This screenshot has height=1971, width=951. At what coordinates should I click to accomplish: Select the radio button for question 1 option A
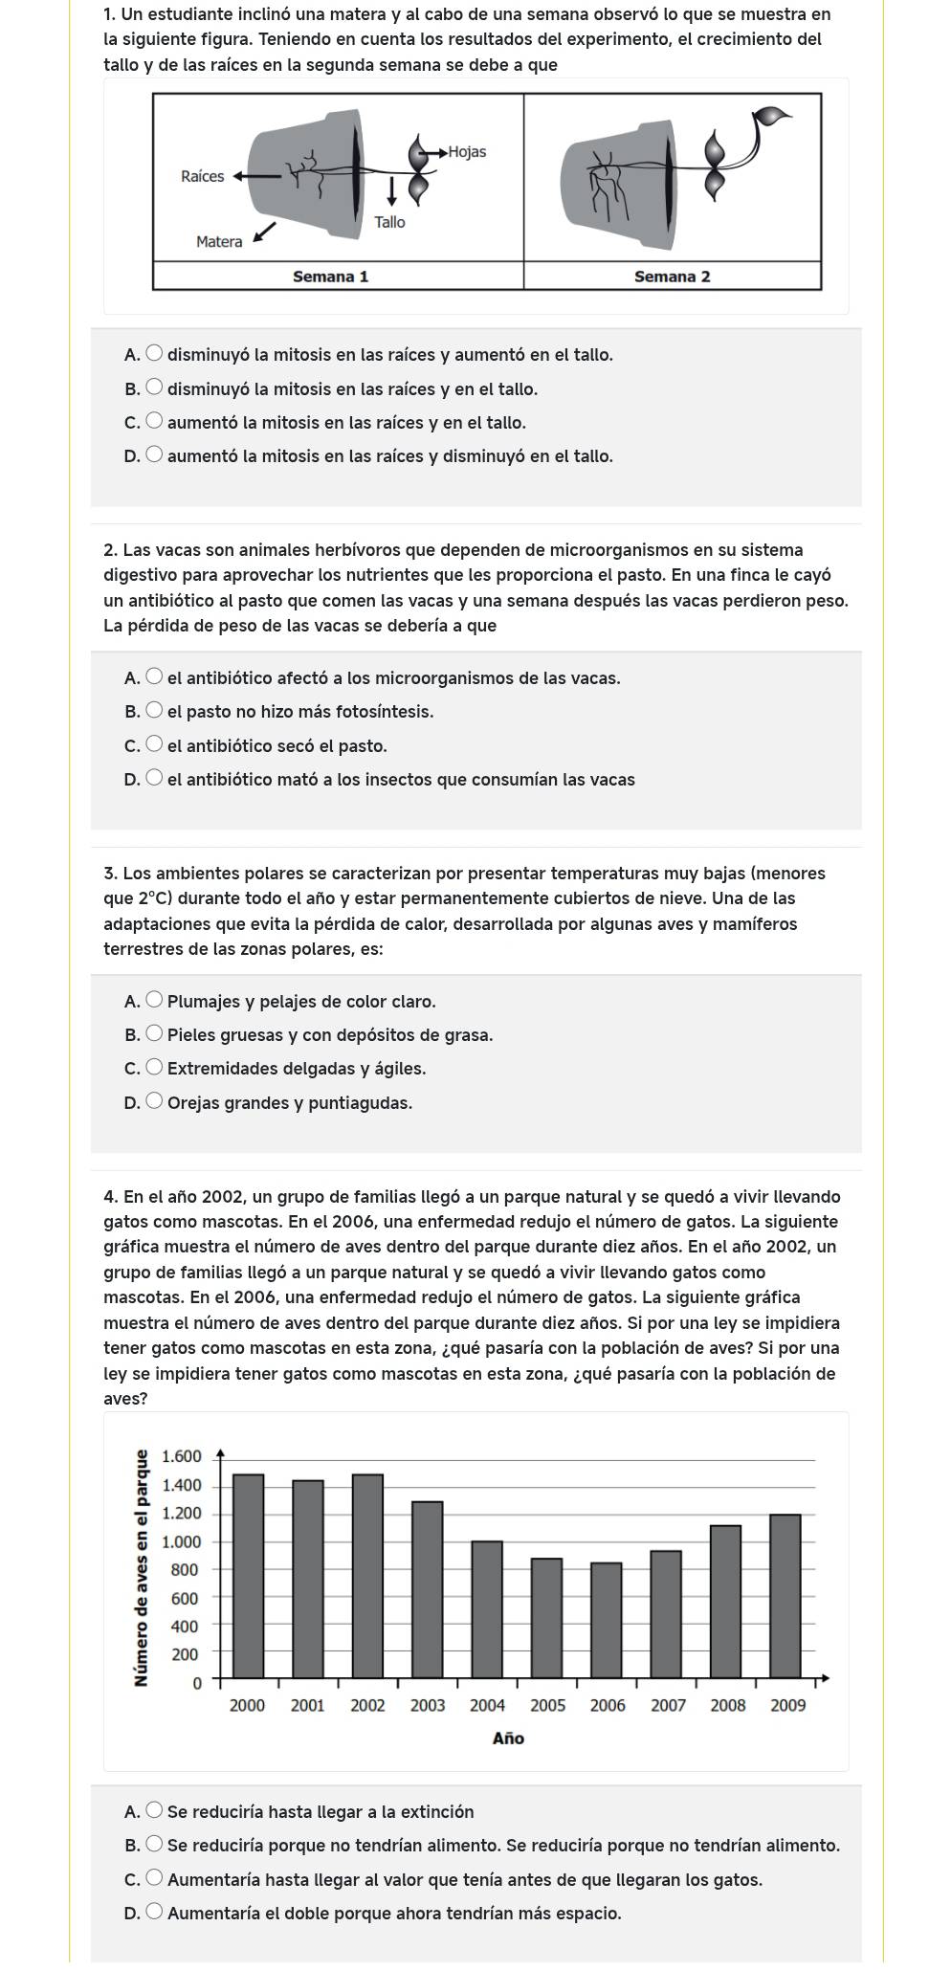pyautogui.click(x=155, y=354)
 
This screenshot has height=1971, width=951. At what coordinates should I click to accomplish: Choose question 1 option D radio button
pyautogui.click(x=155, y=455)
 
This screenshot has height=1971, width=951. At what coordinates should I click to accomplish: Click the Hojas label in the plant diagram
pyautogui.click(x=467, y=152)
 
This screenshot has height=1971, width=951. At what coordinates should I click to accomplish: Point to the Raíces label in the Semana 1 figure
pyautogui.click(x=202, y=176)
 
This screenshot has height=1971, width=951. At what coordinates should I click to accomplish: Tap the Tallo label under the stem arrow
pyautogui.click(x=389, y=222)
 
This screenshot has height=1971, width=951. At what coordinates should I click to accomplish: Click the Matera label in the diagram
pyautogui.click(x=219, y=242)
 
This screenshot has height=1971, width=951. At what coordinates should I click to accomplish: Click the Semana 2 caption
pyautogui.click(x=672, y=277)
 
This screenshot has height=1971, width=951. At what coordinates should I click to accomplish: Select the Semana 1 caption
pyautogui.click(x=330, y=277)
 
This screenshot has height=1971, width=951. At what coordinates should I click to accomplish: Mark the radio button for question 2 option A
pyautogui.click(x=155, y=677)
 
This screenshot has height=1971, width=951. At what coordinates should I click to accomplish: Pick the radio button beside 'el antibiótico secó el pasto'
pyautogui.click(x=155, y=745)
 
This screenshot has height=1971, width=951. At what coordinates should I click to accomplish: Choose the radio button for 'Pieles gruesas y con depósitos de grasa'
pyautogui.click(x=155, y=1034)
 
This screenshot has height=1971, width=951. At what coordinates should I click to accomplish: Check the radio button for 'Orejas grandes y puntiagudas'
pyautogui.click(x=155, y=1102)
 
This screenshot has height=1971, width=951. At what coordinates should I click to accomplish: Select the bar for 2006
pyautogui.click(x=607, y=1621)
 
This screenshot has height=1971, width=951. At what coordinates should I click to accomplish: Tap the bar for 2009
pyautogui.click(x=785, y=1597)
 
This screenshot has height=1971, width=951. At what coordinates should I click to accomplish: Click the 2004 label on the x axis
pyautogui.click(x=487, y=1705)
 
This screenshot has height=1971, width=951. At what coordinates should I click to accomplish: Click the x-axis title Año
pyautogui.click(x=508, y=1738)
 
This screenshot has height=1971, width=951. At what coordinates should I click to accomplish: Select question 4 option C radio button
pyautogui.click(x=155, y=1879)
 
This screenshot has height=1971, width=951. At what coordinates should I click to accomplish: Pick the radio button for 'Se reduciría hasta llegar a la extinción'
pyautogui.click(x=155, y=1811)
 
